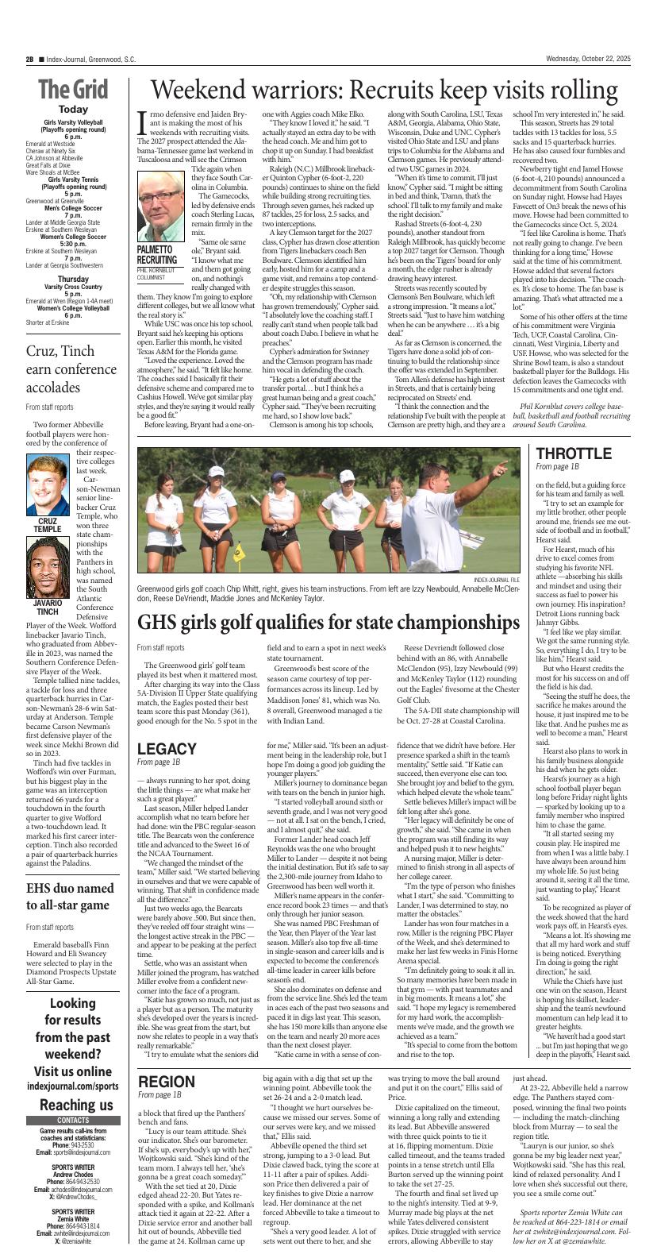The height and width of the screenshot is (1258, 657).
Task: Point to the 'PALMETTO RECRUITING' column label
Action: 157,254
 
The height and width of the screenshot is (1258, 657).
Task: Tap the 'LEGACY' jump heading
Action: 167,749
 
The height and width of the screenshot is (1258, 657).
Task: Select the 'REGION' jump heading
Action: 167,1081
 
